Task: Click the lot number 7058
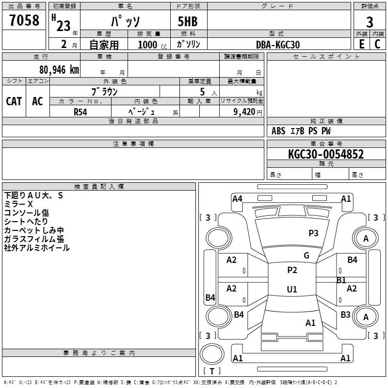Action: click(x=24, y=21)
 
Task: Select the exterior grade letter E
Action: click(x=361, y=44)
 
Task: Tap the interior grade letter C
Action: click(x=378, y=44)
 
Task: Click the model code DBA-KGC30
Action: click(x=277, y=45)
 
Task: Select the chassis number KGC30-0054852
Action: click(x=326, y=155)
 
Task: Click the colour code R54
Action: click(x=81, y=112)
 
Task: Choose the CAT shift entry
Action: click(x=14, y=101)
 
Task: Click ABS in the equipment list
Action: click(x=278, y=131)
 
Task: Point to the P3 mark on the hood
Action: click(x=313, y=233)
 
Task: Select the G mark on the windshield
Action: click(x=307, y=256)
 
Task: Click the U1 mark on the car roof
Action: click(x=292, y=290)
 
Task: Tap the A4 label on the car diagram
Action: click(x=237, y=198)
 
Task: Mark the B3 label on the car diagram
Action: click(x=345, y=315)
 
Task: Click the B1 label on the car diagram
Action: click(x=341, y=280)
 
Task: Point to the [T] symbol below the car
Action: click(x=212, y=372)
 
